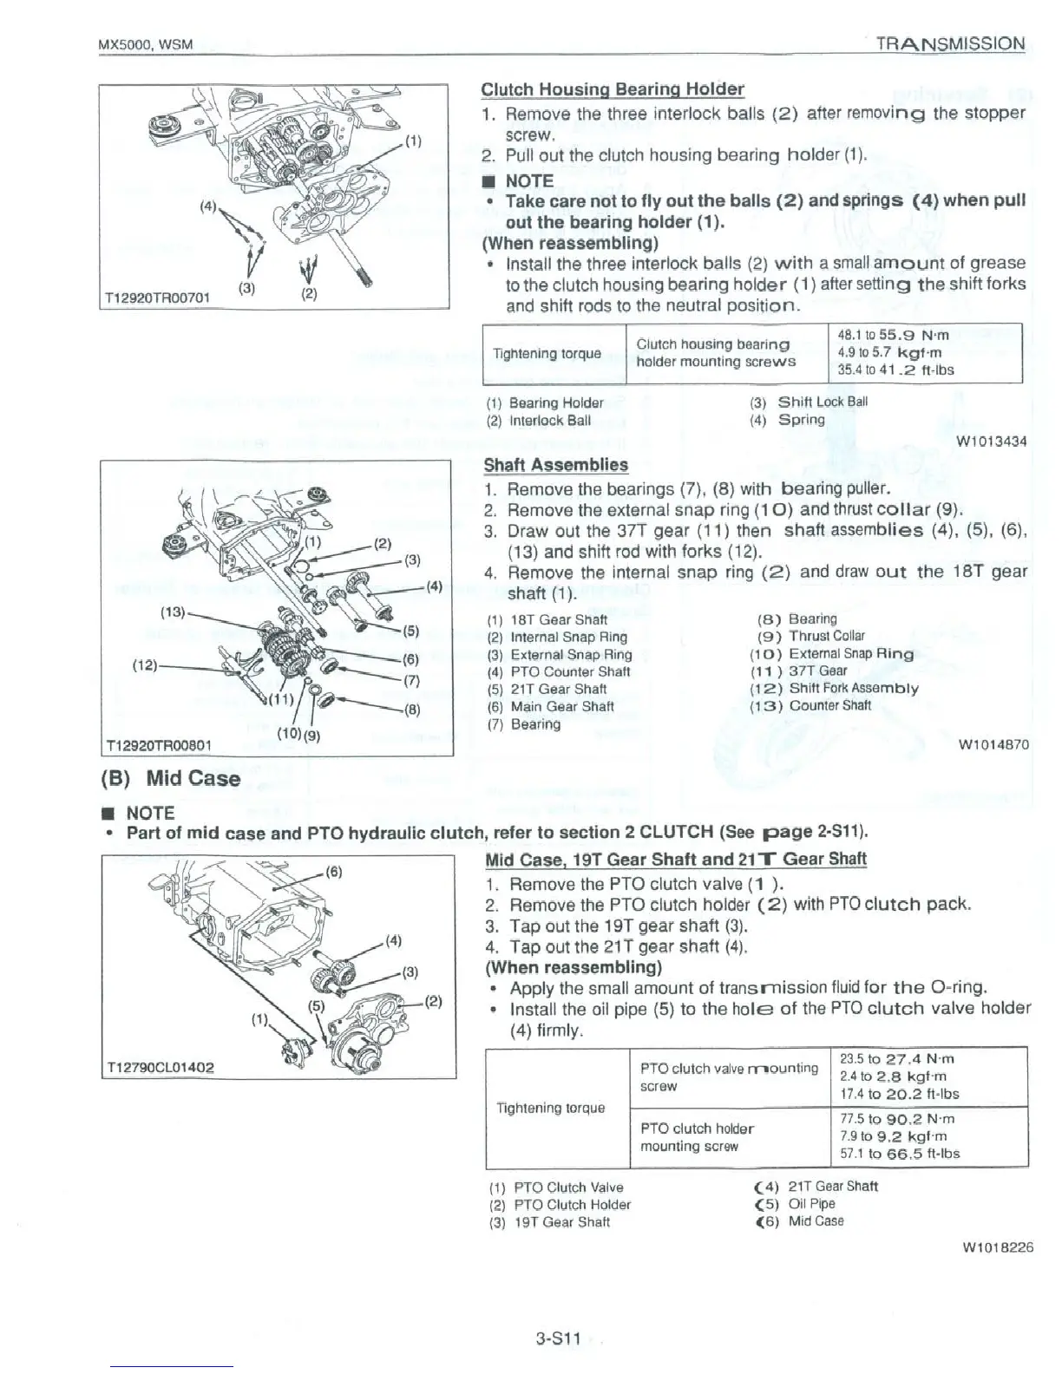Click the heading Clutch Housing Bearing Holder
pos(613,89)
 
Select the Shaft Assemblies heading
pos(555,465)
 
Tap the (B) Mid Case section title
pos(172,778)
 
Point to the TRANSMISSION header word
pos(950,43)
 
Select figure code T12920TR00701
pos(157,298)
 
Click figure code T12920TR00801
pos(157,744)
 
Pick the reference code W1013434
pos(991,442)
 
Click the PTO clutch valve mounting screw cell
pos(729,1076)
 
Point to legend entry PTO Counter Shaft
pos(559,671)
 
